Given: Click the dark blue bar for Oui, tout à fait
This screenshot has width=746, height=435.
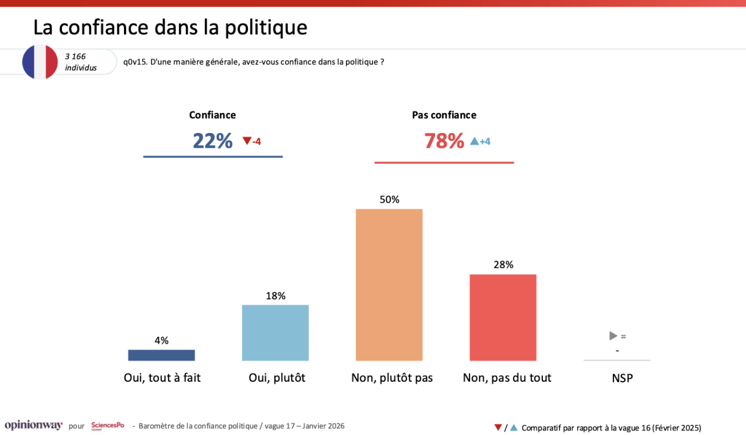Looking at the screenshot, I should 161,355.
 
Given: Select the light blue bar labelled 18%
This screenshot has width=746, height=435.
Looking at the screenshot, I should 275,333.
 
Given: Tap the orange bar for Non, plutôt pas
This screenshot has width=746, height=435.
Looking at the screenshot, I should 389,285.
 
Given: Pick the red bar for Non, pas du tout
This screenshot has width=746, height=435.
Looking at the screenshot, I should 503,318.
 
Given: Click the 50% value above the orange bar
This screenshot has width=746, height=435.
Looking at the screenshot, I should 389,199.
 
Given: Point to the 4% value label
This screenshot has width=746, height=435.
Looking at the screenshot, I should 161,340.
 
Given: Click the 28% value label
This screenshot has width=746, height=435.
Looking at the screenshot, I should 503,265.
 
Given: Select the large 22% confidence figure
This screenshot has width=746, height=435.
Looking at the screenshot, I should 212,141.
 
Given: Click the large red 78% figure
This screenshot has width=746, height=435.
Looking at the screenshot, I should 444,141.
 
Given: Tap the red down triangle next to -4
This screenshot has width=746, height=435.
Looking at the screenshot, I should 247,141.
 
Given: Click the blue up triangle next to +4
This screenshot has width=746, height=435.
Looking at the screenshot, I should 474,141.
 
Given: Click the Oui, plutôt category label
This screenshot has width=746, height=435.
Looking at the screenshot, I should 277,378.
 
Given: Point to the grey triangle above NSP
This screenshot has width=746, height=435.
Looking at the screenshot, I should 613,336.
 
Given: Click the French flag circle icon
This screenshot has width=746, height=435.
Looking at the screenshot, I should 40,62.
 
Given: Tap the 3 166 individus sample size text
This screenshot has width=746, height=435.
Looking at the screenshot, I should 81,62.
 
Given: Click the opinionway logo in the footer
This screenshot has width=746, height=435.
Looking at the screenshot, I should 33,425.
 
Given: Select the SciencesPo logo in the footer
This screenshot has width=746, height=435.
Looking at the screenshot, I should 107,425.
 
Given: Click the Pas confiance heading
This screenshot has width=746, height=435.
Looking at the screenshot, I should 444,115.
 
